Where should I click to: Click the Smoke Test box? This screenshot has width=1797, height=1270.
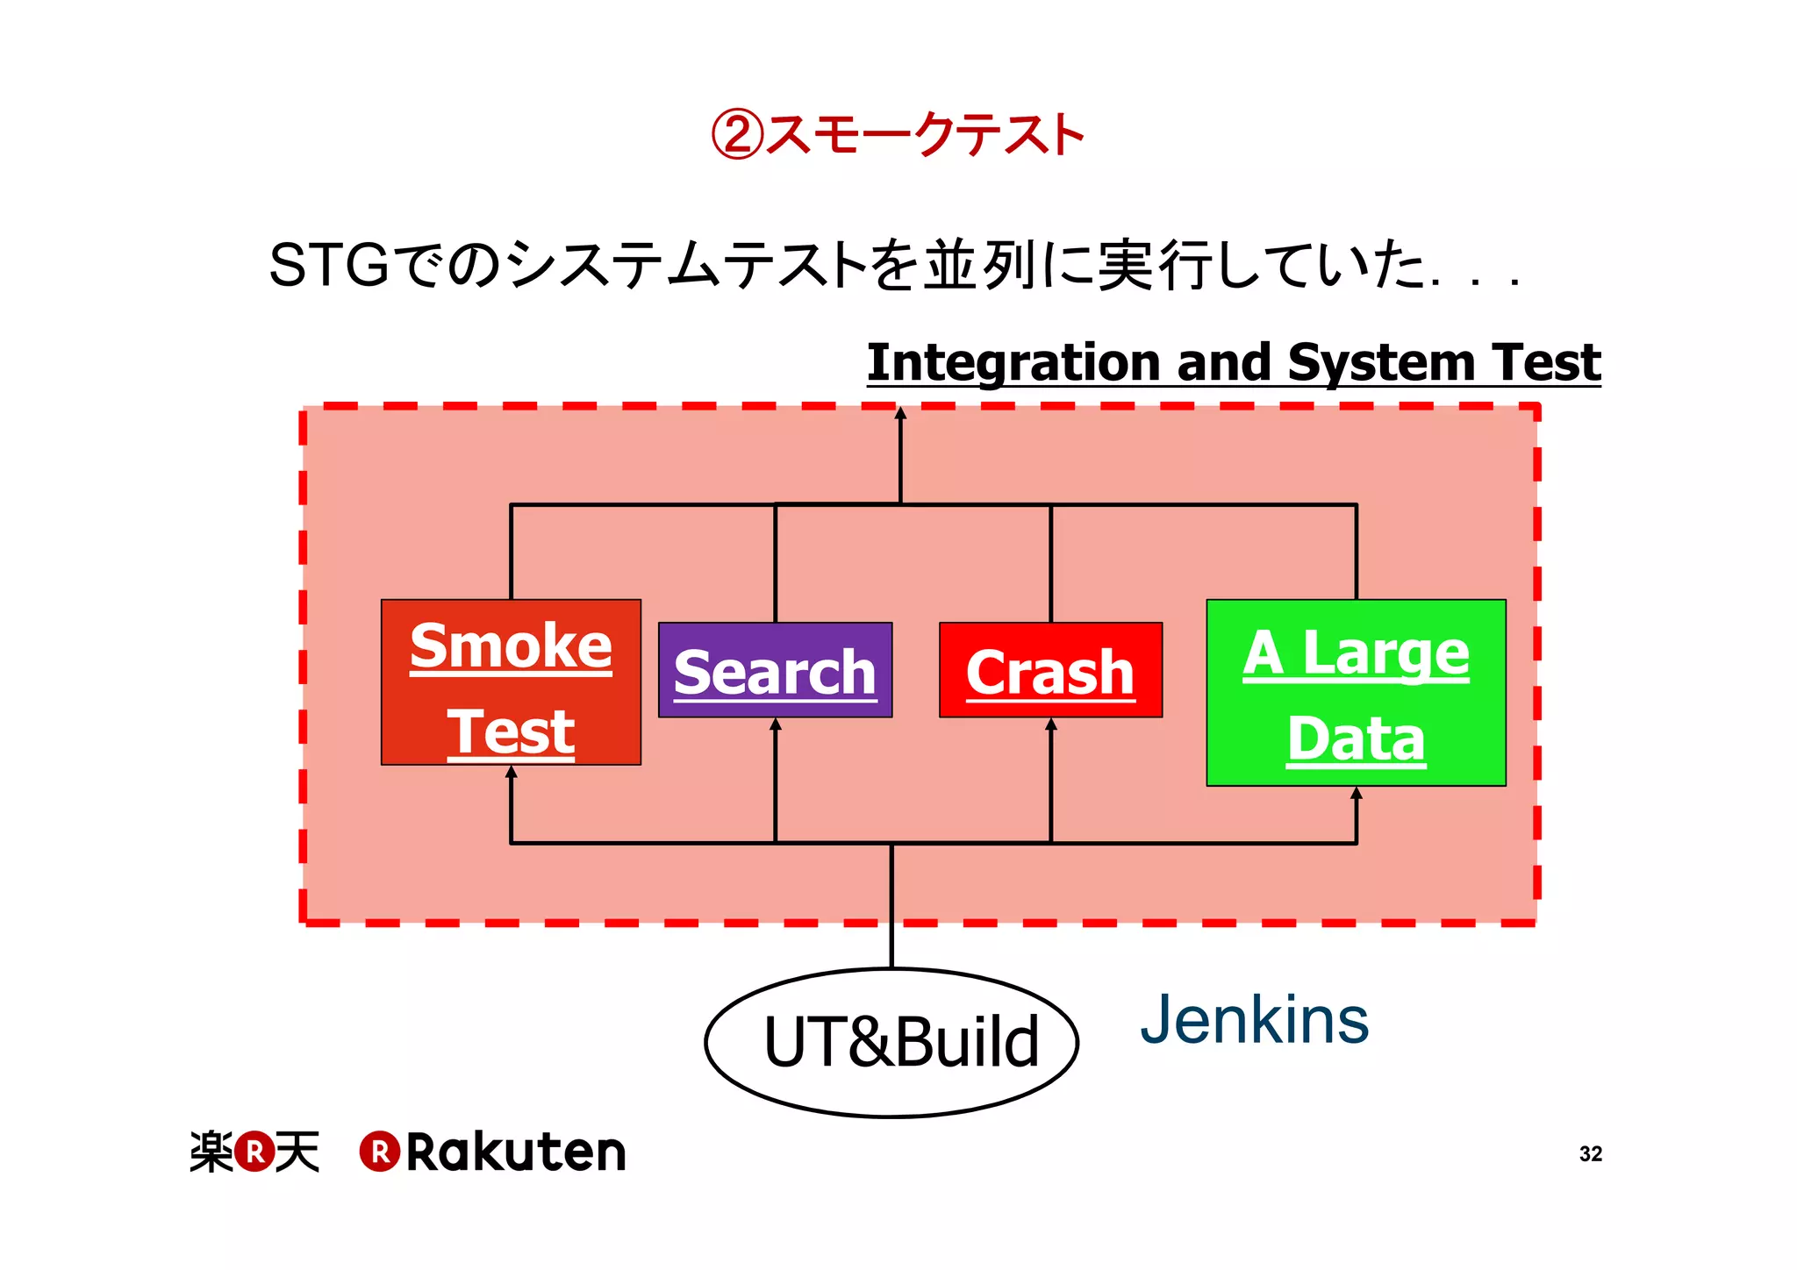point(511,682)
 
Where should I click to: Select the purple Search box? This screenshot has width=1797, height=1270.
point(775,671)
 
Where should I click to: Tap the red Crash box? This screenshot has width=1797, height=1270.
point(1050,671)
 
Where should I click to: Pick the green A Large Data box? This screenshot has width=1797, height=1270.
point(1356,693)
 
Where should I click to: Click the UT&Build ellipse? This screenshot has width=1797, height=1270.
point(891,1043)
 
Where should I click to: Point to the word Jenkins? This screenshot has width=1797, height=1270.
point(1254,1020)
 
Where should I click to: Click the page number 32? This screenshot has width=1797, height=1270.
point(1590,1154)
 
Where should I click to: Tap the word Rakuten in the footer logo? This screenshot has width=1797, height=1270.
point(516,1152)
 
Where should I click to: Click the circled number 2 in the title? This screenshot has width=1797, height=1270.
point(736,135)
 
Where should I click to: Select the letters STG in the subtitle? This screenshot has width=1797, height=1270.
point(329,265)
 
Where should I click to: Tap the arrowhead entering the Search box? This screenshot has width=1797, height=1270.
point(776,724)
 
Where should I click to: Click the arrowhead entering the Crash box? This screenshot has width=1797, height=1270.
point(1051,724)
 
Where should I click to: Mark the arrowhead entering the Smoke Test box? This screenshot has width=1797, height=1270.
point(512,772)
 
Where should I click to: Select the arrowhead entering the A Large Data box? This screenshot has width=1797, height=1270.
point(1357,793)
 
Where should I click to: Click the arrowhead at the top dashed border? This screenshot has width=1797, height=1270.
point(900,413)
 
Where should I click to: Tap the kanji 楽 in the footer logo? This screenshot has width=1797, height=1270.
point(211,1152)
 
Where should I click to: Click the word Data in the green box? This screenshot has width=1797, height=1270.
point(1356,739)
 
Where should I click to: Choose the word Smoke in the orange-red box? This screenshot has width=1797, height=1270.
point(511,646)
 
